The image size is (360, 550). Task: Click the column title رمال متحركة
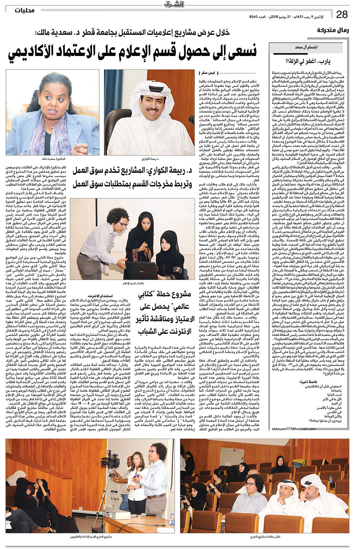pos(332,30)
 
